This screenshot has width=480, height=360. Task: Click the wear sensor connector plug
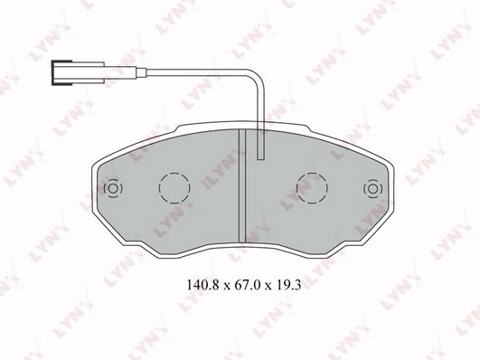pos(78,72)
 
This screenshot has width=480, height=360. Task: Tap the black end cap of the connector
pos(53,72)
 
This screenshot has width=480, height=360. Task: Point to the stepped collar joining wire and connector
pos(141,72)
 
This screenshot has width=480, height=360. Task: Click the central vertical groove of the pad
pos(242,185)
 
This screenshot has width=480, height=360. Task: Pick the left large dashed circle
pos(174,188)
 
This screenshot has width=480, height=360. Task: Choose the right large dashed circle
pos(312,188)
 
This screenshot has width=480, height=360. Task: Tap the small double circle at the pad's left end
pos(113,188)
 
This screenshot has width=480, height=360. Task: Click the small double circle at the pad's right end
pos(372,188)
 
